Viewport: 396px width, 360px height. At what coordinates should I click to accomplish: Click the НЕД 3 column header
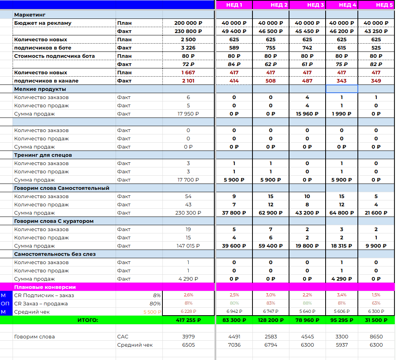click(x=315, y=5)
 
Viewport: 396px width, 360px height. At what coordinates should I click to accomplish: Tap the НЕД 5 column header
click(x=384, y=5)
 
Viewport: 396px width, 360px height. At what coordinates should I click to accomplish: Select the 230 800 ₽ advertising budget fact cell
click(x=188, y=31)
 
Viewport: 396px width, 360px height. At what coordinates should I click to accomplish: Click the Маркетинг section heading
click(x=30, y=15)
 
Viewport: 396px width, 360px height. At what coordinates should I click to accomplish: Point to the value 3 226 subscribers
click(x=188, y=48)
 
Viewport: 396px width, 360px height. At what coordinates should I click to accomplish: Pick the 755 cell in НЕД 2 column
click(x=271, y=48)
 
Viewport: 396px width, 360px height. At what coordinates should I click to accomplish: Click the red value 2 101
click(x=188, y=81)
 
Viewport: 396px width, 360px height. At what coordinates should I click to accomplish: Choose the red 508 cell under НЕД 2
click(x=271, y=81)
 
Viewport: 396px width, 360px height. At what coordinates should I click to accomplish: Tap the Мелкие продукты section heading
click(x=40, y=89)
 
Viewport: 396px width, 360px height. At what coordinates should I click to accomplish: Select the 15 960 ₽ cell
click(x=307, y=114)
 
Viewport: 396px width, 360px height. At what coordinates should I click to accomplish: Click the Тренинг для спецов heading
click(x=43, y=155)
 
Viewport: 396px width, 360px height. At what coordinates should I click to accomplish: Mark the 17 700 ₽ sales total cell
click(x=188, y=180)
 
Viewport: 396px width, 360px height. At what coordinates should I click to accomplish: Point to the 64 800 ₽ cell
click(x=341, y=213)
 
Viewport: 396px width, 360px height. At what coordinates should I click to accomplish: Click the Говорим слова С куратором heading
click(x=54, y=221)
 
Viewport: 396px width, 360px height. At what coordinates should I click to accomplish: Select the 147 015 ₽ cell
click(x=188, y=246)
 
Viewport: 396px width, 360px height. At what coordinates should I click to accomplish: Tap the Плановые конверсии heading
click(x=45, y=287)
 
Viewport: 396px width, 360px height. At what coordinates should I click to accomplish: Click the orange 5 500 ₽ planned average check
click(x=152, y=312)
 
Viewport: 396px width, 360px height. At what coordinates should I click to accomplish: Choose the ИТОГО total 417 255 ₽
click(x=188, y=320)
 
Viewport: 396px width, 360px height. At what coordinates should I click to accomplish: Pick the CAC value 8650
click(x=376, y=337)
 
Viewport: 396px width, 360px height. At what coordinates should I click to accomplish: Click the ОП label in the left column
click(x=5, y=304)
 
